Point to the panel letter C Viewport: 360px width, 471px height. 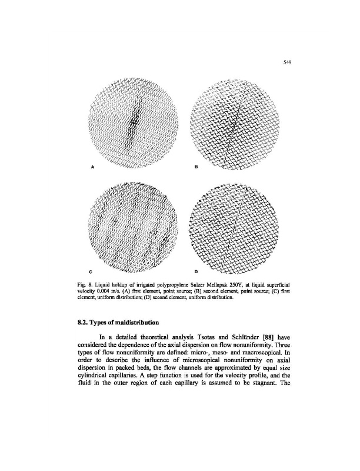point(91,272)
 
